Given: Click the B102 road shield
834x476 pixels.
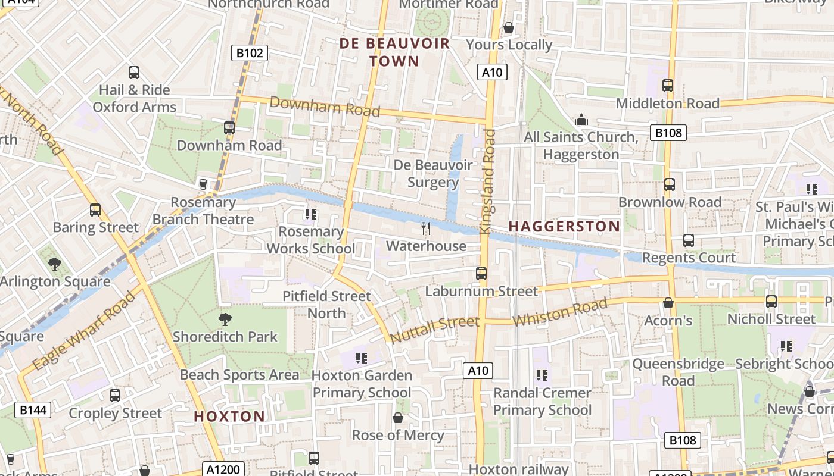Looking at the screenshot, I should point(250,53).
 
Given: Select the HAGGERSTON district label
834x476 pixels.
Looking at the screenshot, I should point(564,226).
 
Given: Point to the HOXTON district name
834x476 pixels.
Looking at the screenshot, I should point(229,416).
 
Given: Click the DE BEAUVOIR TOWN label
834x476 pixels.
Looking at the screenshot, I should point(394,52).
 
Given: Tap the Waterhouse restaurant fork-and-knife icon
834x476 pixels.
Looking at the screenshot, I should point(426,228).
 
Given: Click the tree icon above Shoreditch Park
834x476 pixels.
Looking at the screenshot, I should point(225,320).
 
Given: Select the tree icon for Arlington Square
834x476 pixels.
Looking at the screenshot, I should point(55,264).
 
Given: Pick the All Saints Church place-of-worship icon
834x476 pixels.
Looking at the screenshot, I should point(581,120).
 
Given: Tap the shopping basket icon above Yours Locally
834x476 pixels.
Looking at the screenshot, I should point(509,27).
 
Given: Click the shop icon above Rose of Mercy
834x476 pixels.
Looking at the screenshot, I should point(398,418).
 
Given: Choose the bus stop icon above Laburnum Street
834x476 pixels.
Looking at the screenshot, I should point(481,274).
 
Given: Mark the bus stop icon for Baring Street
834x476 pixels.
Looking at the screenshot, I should point(95,210).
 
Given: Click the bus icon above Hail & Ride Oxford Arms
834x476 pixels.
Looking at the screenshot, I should point(134,73).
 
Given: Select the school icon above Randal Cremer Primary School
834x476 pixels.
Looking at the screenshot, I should point(542,375).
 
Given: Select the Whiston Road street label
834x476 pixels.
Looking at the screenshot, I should point(560,312).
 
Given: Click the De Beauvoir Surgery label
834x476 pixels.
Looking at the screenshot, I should point(433,173).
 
